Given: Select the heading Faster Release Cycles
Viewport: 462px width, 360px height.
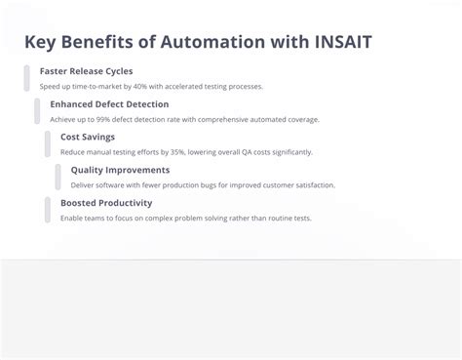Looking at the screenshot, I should pyautogui.click(x=86, y=71).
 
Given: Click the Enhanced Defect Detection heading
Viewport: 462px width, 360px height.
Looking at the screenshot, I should pyautogui.click(x=109, y=104).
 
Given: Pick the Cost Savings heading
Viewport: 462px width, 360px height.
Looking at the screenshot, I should pyautogui.click(x=88, y=137).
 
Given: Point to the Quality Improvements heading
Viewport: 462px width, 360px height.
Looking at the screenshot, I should pyautogui.click(x=120, y=170).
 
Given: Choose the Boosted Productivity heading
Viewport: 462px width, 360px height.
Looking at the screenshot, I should pyautogui.click(x=106, y=203).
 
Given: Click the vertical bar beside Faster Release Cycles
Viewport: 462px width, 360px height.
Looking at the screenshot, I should pyautogui.click(x=27, y=78).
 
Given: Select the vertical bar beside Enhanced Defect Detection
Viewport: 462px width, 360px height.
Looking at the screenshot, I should pyautogui.click(x=37, y=111).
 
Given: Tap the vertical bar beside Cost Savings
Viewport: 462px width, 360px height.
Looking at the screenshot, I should pyautogui.click(x=48, y=143).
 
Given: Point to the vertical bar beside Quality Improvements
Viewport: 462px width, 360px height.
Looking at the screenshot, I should pyautogui.click(x=58, y=177).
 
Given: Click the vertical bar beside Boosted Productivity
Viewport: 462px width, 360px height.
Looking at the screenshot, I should pyautogui.click(x=48, y=210).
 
